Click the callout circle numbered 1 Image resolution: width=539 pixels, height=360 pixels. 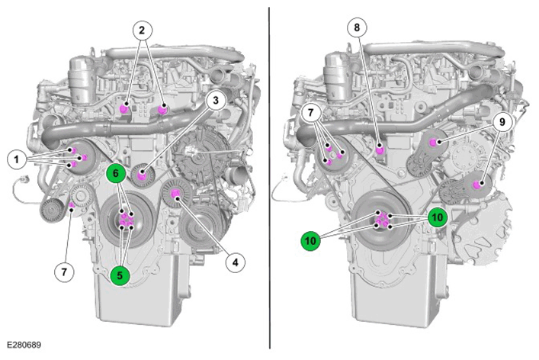[x=17, y=159]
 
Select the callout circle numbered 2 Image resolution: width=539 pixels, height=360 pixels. [x=142, y=31]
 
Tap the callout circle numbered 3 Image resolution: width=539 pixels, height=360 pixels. [x=216, y=101]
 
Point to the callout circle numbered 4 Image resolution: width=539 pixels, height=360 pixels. [x=235, y=262]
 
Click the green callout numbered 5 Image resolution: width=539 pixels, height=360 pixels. [x=120, y=275]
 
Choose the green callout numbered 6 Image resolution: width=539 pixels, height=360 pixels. [x=116, y=173]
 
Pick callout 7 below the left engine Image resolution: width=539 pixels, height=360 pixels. [x=64, y=272]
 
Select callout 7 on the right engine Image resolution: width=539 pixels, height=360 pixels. [x=311, y=112]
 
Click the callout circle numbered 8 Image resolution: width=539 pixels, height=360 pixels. [x=357, y=27]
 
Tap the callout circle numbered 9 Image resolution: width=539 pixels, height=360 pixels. [x=502, y=122]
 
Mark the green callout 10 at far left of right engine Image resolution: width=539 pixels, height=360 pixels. [x=310, y=241]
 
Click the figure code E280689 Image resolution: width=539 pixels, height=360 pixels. [x=24, y=345]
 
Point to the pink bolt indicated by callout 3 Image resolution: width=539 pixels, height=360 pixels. [x=141, y=176]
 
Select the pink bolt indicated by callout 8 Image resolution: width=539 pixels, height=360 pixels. [x=380, y=150]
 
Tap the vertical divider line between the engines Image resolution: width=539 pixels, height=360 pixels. [x=269, y=178]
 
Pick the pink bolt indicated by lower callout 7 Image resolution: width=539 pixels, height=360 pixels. [x=72, y=206]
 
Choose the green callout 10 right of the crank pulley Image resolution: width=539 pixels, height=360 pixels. [x=438, y=217]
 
